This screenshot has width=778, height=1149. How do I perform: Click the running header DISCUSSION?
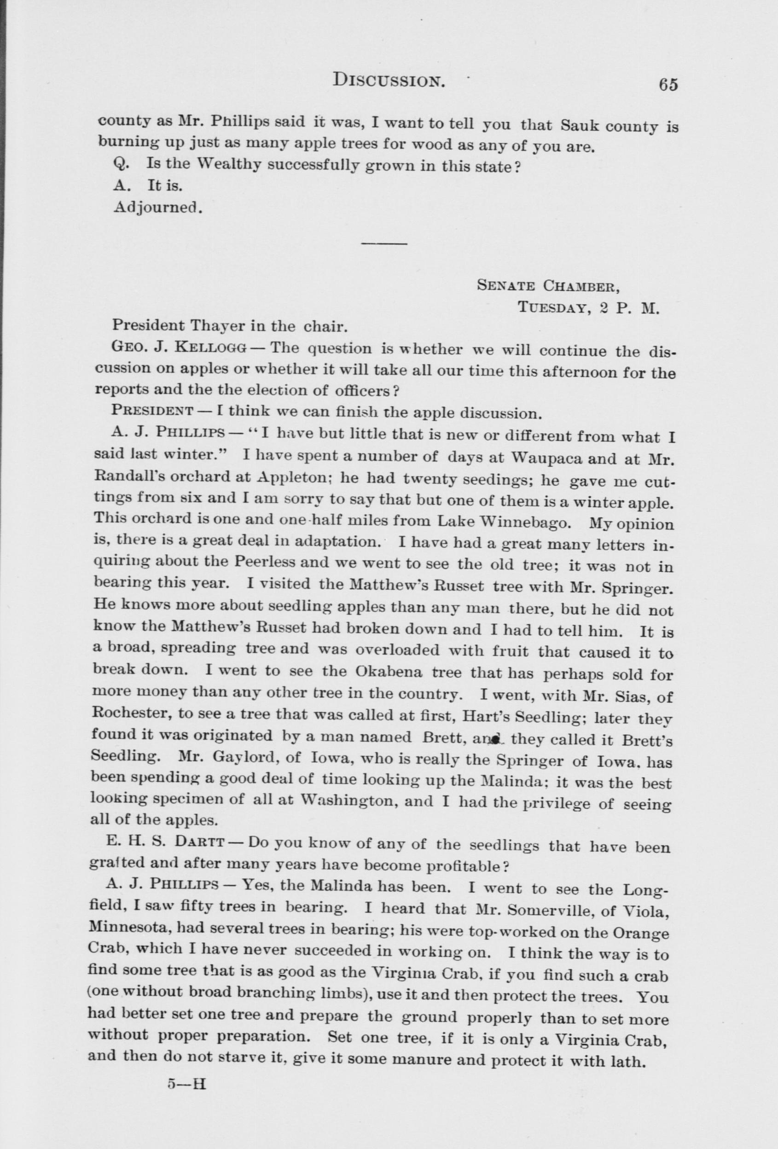(389, 80)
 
